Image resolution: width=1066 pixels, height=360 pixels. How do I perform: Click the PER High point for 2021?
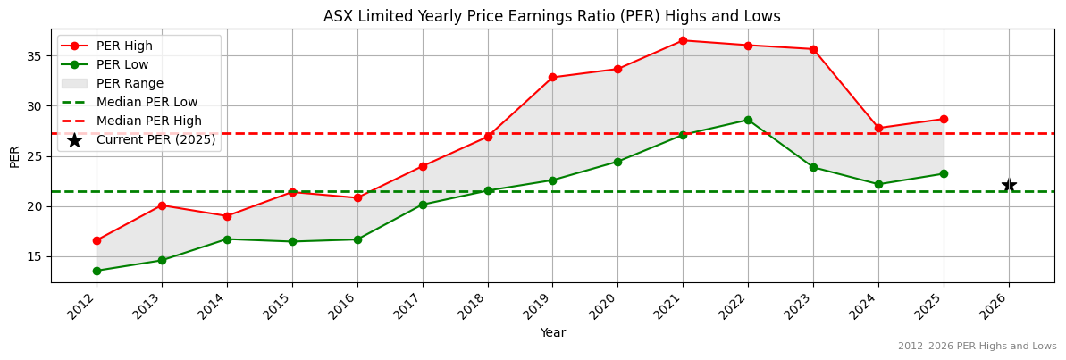pos(683,40)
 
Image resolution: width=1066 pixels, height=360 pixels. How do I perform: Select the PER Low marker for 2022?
pos(748,120)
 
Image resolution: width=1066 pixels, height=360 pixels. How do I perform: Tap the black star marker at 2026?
pos(1009,185)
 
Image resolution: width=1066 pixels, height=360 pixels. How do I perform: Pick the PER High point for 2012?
pos(97,240)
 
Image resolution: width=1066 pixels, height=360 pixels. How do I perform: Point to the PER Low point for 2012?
pos(97,271)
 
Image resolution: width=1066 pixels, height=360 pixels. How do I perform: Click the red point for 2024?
pos(878,128)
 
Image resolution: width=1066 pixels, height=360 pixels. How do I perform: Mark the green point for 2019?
pos(552,180)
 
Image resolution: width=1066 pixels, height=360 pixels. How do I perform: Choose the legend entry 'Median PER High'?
pos(149,121)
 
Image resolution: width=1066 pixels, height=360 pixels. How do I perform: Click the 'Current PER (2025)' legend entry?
pos(156,139)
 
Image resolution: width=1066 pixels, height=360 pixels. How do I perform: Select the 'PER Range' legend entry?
pos(130,83)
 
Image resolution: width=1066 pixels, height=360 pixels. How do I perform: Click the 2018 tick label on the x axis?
pos(482,306)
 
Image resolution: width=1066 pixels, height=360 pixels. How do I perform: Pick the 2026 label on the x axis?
pos(1003,306)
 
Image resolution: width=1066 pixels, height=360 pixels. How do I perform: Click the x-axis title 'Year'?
pos(552,332)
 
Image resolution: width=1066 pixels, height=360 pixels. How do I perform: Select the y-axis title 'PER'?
pos(14,155)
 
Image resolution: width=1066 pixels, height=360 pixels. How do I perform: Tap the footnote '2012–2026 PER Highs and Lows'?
pos(977,346)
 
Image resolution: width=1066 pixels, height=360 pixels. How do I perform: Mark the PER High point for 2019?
pos(552,77)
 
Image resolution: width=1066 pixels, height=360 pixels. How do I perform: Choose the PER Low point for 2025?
pos(944,173)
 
